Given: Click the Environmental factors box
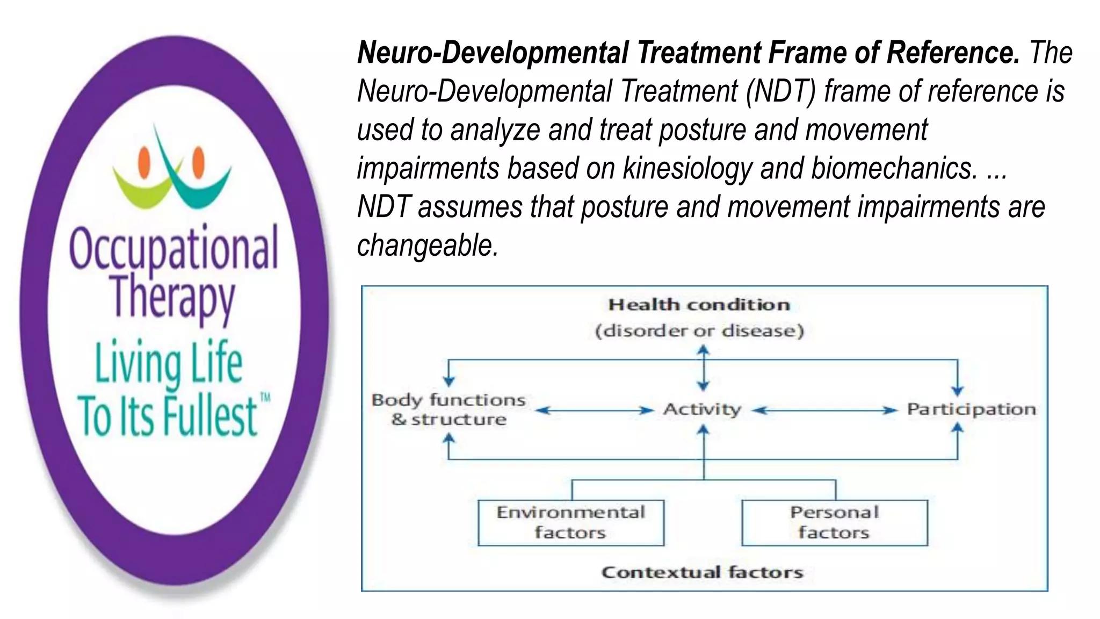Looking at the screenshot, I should (x=570, y=522).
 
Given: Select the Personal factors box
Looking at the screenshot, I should (x=834, y=522).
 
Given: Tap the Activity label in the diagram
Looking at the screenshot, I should (x=702, y=409).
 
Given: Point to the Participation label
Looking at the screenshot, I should (x=971, y=409).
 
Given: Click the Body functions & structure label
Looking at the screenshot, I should (x=448, y=409).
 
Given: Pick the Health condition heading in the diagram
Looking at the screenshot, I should (x=699, y=305).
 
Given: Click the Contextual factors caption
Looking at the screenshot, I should (x=702, y=572).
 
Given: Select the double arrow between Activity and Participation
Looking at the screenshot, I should (x=824, y=411).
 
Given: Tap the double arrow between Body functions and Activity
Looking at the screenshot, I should (x=594, y=411).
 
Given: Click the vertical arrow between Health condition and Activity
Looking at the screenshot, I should (x=703, y=369).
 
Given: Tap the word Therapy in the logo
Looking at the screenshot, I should (x=173, y=297).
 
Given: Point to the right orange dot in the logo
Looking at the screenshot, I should (x=199, y=162).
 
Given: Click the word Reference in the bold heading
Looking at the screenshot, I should (x=952, y=53).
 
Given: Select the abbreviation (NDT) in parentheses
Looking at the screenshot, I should (x=780, y=91).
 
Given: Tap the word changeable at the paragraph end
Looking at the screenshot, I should (x=428, y=246).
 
